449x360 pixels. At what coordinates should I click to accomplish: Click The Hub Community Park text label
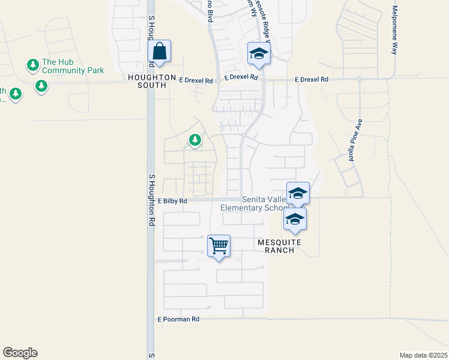(73, 66)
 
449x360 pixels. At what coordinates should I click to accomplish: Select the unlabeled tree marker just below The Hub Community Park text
(41, 86)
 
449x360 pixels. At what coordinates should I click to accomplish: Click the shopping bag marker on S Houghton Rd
(160, 52)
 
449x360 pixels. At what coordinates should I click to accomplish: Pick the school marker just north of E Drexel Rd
(259, 54)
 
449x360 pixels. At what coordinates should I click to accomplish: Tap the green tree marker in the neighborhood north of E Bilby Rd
(195, 140)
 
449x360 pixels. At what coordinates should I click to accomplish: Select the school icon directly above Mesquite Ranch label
(295, 220)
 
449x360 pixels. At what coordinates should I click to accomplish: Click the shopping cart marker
(218, 245)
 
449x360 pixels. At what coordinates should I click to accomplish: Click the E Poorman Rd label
(178, 320)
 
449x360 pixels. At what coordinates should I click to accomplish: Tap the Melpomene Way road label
(395, 30)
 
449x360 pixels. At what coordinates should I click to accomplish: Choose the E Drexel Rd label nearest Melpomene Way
(312, 79)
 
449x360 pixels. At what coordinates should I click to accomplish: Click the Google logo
(20, 353)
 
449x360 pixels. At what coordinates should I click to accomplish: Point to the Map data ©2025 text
(423, 355)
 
